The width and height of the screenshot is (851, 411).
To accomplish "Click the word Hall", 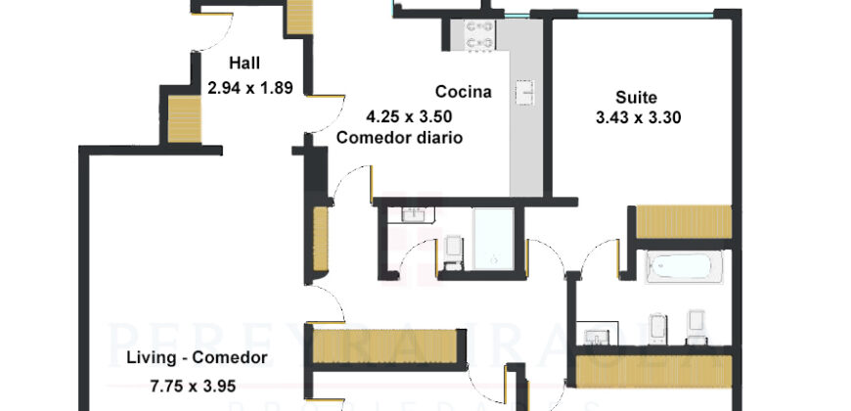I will [x=244, y=64].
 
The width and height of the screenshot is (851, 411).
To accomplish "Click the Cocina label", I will [x=463, y=92].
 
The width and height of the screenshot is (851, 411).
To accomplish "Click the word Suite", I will [x=636, y=97].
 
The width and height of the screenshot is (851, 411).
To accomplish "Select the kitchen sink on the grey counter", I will [x=524, y=93].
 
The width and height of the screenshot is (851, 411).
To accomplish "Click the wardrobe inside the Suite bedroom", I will [x=683, y=221].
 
